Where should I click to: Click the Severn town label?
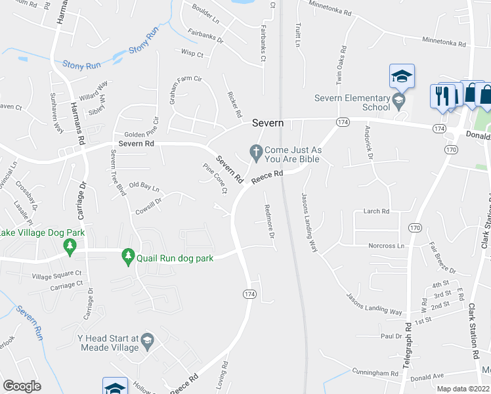pos(268,123)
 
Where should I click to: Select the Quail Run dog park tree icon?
pos(129,257)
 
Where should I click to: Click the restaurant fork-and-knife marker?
pos(443,96)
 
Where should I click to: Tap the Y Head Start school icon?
pos(147,340)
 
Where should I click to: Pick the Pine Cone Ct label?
pos(215,178)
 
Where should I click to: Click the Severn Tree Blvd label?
pos(118,172)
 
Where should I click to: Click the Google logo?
pos(22,386)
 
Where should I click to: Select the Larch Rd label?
pos(377,211)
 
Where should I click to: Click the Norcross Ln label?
pos(386,246)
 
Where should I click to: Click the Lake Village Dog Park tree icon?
pos(68,246)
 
